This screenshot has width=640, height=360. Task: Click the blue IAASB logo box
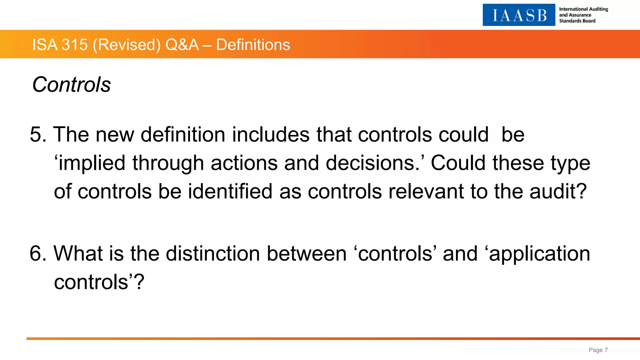tap(519, 15)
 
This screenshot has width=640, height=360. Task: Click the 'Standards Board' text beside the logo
tap(577, 21)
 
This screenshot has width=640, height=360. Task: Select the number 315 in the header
tap(75, 45)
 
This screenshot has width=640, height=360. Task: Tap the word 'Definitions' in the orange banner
tap(253, 45)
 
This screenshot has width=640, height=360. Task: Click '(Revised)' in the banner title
tap(127, 45)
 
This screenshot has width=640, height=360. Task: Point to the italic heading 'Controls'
tap(72, 85)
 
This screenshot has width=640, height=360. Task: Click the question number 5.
tap(37, 135)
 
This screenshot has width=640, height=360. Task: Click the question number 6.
tap(37, 253)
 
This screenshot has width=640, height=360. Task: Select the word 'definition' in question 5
tap(183, 135)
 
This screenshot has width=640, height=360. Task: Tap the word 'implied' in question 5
tap(92, 163)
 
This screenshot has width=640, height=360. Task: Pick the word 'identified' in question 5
tap(230, 191)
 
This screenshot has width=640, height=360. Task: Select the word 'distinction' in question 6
tap(213, 253)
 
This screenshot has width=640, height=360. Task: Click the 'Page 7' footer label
tap(598, 350)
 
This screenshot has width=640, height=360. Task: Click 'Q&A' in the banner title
tap(182, 45)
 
